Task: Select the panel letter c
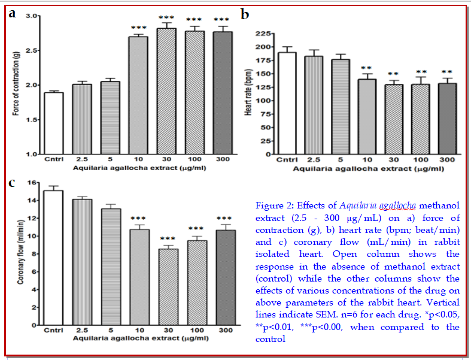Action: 11,182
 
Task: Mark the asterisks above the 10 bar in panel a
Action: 138,28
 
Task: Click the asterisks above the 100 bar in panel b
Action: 422,72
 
